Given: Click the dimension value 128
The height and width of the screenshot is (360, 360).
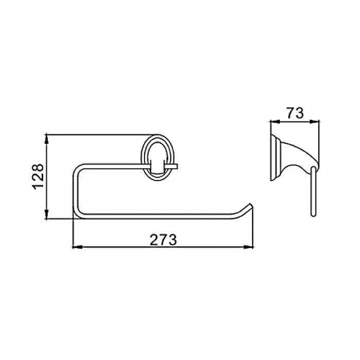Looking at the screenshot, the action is pos(38,177).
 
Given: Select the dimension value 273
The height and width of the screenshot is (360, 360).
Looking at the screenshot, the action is pos(164,240).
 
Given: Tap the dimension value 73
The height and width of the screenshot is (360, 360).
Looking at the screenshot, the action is pos(295,113).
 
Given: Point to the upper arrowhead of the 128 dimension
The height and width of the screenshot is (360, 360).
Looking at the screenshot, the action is pos(46,139).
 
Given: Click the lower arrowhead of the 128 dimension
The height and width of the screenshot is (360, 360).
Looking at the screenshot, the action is pos(46,214).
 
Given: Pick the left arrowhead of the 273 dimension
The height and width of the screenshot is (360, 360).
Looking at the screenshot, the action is pos(77,247).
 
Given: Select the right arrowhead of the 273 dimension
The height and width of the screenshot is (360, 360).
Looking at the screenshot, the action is pos(248,247).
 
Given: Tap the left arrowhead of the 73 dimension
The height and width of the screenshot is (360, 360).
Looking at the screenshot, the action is pos(276,122).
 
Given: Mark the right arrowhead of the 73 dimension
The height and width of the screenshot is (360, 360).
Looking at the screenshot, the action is pos(314,122).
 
